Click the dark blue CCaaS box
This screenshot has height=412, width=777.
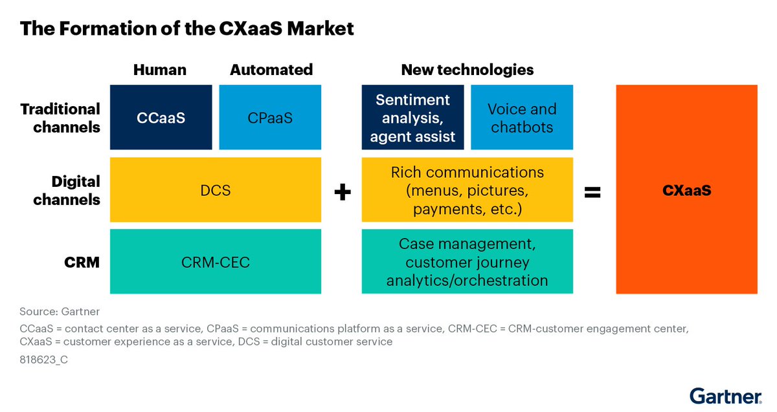[161, 117]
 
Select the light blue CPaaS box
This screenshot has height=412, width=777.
[270, 117]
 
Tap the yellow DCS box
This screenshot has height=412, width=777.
[216, 190]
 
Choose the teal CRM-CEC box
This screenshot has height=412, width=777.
[216, 261]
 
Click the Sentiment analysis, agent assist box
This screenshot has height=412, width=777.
[413, 117]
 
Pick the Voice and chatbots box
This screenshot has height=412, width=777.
[522, 117]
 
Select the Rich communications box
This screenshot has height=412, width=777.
[467, 190]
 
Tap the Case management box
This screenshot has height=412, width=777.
[467, 261]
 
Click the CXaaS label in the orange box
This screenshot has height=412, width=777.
[687, 190]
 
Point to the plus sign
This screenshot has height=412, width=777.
[343, 192]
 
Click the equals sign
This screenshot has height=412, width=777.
[592, 192]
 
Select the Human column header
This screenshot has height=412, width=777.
[160, 70]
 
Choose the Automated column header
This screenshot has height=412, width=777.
[271, 70]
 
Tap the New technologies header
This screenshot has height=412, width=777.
[467, 70]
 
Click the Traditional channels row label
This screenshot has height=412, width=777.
[60, 118]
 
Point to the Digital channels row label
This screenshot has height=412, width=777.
[67, 191]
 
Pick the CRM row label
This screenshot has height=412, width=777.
[82, 263]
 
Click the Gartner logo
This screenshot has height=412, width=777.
[726, 396]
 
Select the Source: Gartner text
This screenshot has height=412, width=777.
[60, 312]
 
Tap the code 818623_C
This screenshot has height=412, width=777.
[44, 360]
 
